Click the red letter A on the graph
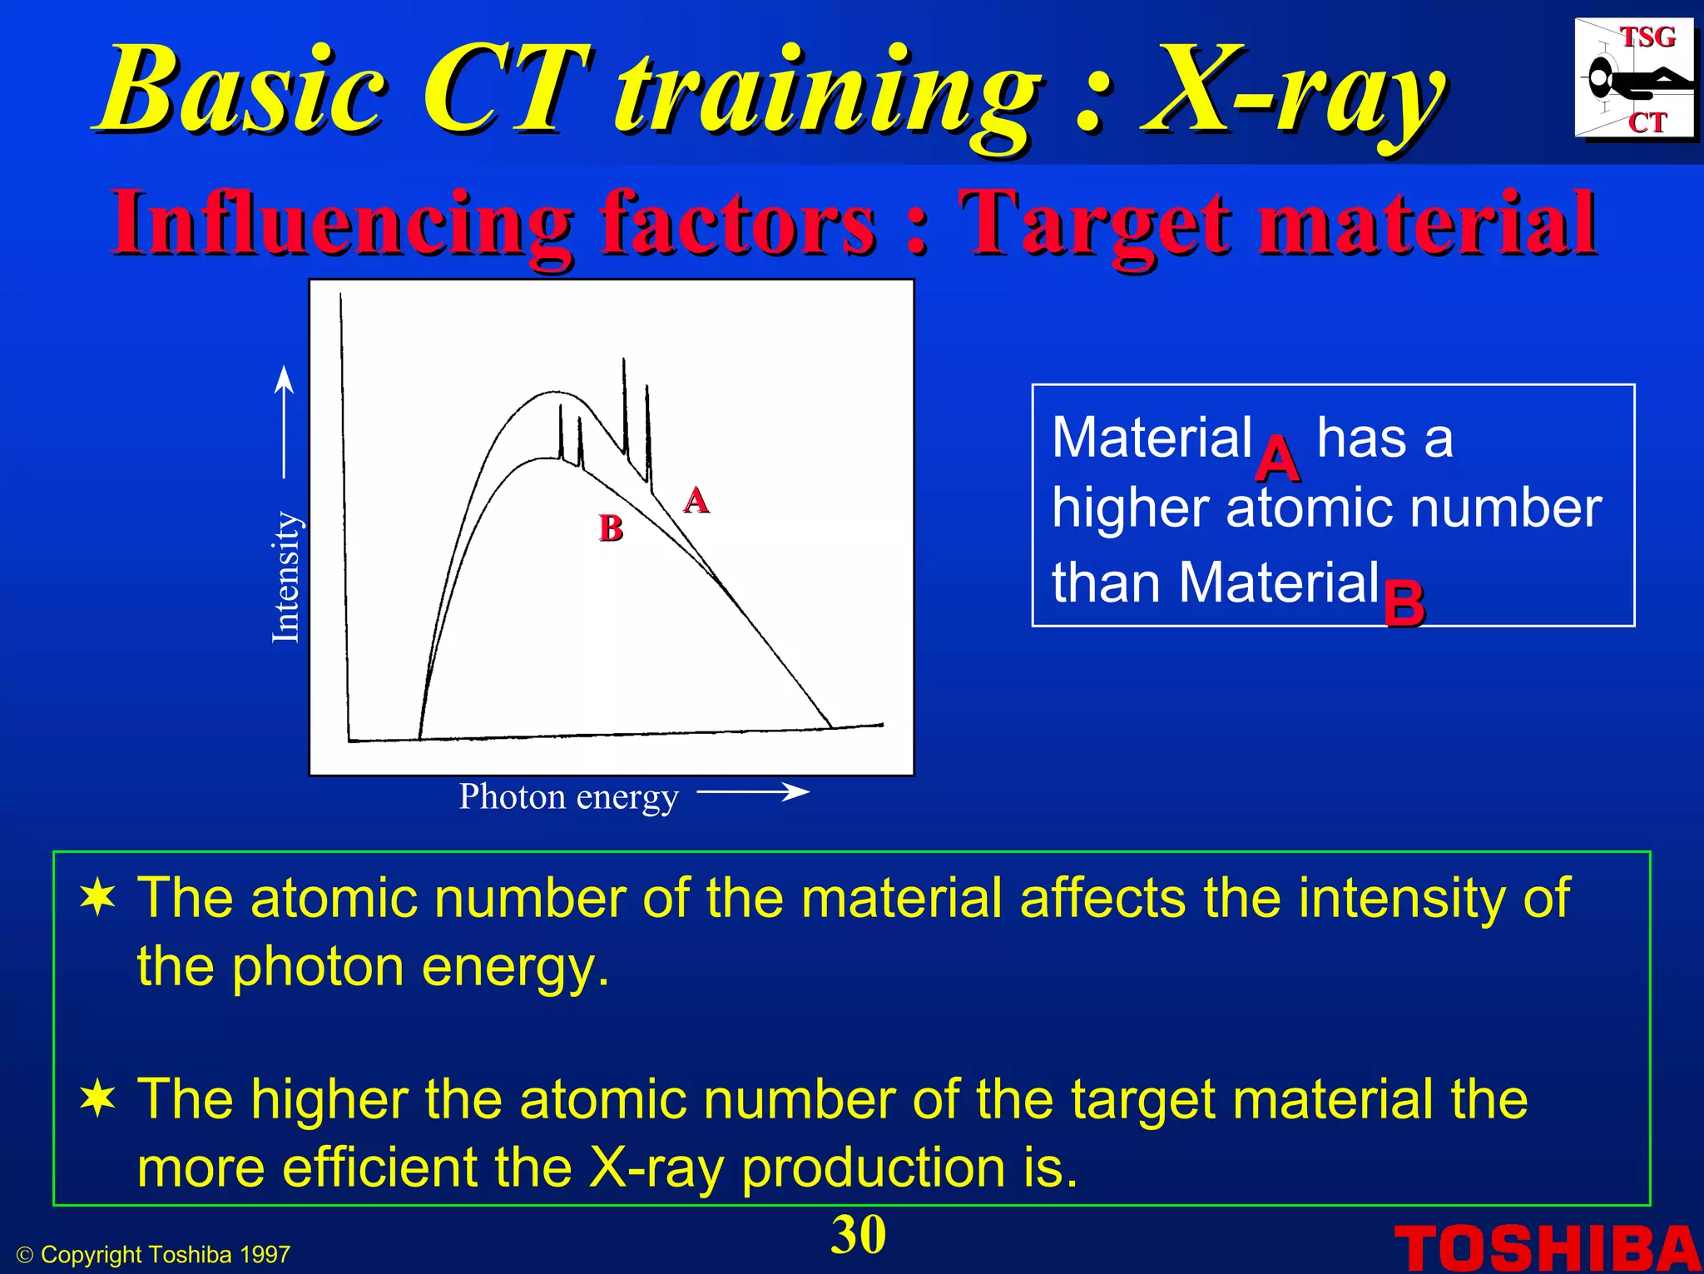[696, 500]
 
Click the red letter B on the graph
[611, 528]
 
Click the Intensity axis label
[285, 578]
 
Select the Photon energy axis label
[568, 797]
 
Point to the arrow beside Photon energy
[752, 792]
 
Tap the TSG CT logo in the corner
[1633, 79]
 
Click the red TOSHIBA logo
[1547, 1248]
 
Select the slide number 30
[858, 1235]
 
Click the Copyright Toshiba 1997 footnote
[154, 1255]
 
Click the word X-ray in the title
[1294, 92]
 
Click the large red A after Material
[1277, 459]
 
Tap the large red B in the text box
[1404, 603]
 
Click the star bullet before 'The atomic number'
[98, 899]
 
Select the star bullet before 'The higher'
[98, 1099]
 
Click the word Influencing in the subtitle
[342, 223]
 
